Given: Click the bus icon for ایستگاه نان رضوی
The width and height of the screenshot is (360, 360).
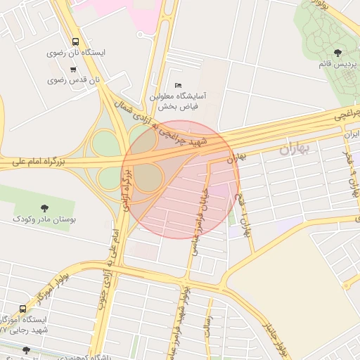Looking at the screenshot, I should coord(76,41).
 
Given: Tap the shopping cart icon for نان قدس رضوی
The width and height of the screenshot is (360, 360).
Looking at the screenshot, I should coord(74,69).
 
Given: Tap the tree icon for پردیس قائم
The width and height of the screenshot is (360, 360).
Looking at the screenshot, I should coord(339,52).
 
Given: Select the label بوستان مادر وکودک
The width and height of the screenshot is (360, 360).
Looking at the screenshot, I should coord(44,219).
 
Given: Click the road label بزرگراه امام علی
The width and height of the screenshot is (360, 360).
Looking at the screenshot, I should coord(39,162).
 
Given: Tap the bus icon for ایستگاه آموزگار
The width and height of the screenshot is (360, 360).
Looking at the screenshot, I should coord(23,308).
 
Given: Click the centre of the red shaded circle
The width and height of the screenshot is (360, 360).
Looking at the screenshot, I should coord(181,179).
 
